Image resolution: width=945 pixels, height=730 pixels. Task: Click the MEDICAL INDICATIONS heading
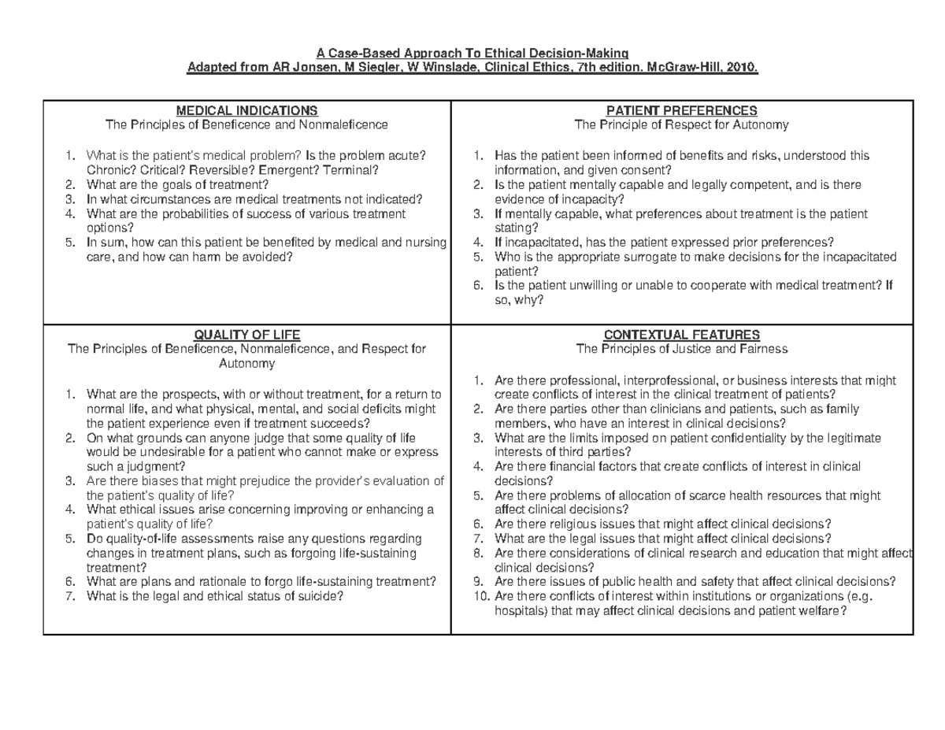pyautogui.click(x=246, y=110)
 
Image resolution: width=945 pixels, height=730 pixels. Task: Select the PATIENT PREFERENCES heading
pyautogui.click(x=681, y=110)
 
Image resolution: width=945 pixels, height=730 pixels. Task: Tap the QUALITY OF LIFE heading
pyautogui.click(x=246, y=334)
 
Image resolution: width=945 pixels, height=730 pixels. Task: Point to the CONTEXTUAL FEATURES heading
pyautogui.click(x=681, y=334)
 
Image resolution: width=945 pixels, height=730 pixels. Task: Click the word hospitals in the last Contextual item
pyautogui.click(x=517, y=610)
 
